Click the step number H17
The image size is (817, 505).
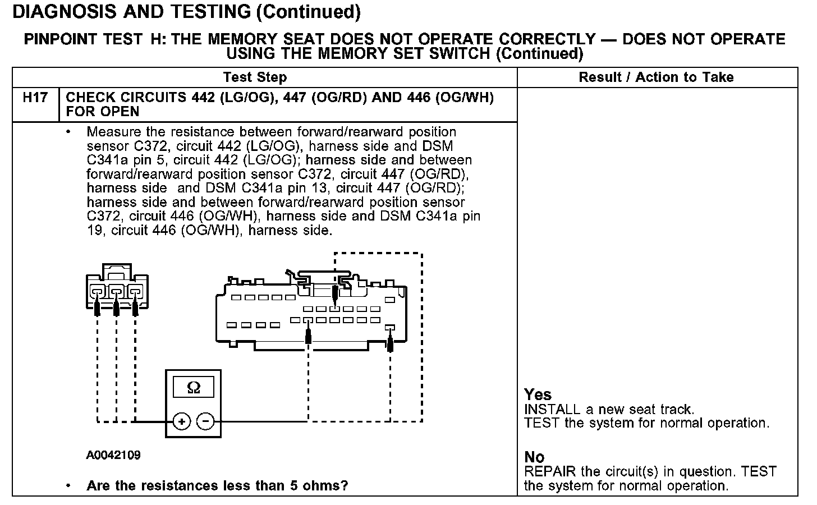click(35, 98)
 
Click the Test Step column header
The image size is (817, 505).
click(255, 77)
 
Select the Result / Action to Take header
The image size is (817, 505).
click(656, 77)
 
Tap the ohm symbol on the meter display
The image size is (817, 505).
click(193, 388)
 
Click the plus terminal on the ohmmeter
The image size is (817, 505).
click(181, 421)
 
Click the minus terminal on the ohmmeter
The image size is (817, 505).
click(206, 421)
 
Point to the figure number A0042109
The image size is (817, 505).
click(113, 455)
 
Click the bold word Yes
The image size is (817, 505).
click(538, 394)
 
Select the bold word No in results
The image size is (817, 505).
click(534, 457)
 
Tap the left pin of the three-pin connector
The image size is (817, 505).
click(97, 292)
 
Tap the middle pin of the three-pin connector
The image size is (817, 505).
click(116, 292)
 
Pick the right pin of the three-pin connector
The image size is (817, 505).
click(135, 292)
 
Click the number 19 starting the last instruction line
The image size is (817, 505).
click(94, 230)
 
